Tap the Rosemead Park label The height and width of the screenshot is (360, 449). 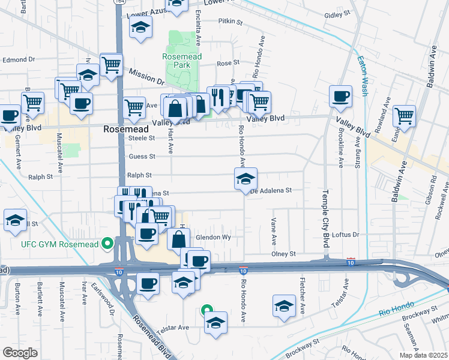click(x=181, y=61)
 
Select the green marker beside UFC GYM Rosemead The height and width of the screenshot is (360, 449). click(x=107, y=243)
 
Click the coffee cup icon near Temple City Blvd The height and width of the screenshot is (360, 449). click(x=341, y=96)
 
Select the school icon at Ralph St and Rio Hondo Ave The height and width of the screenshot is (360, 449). click(x=246, y=178)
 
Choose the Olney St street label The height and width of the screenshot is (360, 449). click(x=285, y=254)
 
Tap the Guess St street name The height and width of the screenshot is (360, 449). click(x=142, y=157)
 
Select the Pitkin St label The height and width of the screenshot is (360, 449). click(x=230, y=22)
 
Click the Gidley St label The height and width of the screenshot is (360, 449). click(x=336, y=14)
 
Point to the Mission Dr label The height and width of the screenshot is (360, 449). click(x=146, y=76)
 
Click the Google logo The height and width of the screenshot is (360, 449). click(x=20, y=352)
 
